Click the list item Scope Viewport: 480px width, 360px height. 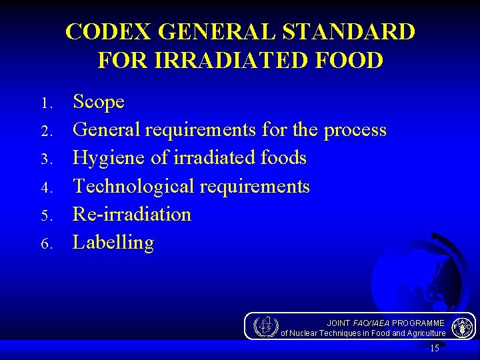[x=99, y=102]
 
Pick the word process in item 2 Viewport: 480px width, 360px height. [x=355, y=130]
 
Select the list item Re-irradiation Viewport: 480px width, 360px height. [x=132, y=214]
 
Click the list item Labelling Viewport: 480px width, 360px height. [x=113, y=242]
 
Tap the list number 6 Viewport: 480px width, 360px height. [x=45, y=244]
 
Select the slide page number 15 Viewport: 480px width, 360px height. [x=435, y=349]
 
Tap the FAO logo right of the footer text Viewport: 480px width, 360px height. [x=462, y=327]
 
